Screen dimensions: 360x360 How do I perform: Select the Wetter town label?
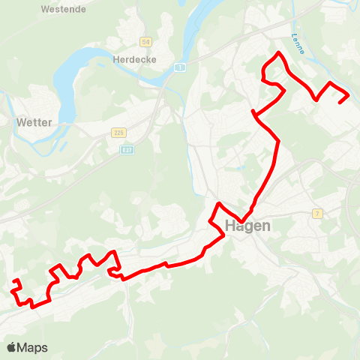pos(32,121)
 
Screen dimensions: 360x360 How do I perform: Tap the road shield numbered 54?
pos(145,41)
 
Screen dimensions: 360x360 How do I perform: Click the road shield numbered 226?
pos(118,132)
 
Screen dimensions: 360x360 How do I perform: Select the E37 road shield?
pos(128,149)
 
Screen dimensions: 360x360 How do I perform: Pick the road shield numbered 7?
pos(318,214)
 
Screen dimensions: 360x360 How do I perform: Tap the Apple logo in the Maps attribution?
pos(11,347)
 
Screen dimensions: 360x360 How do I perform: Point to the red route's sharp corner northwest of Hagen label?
pos(218,204)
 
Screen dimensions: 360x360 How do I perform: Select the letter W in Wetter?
pos(20,121)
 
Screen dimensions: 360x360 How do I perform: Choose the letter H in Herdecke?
pos(115,58)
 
